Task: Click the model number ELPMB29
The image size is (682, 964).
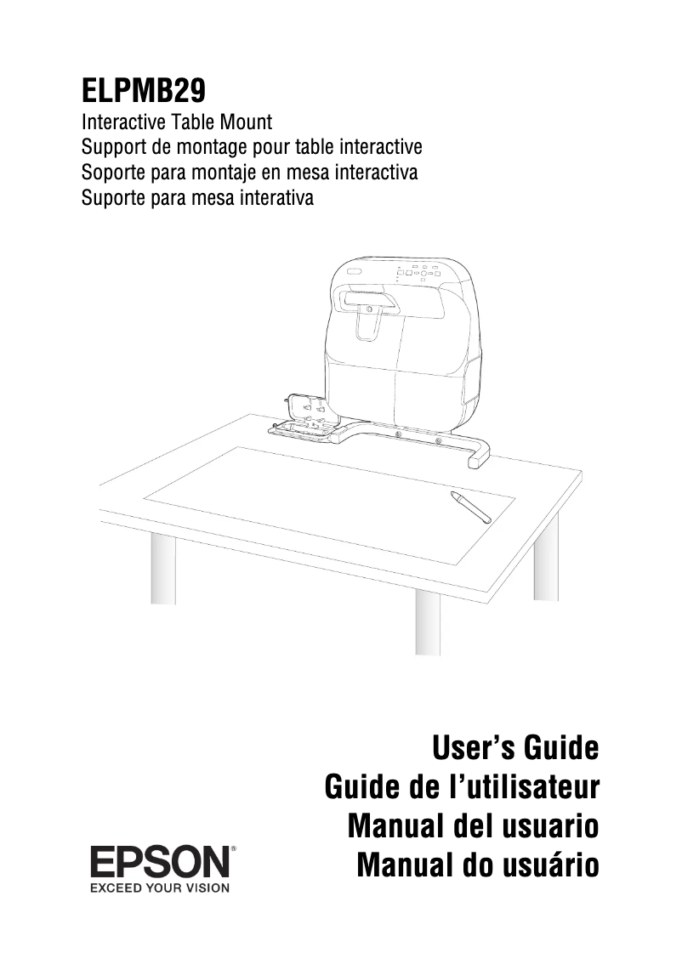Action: pyautogui.click(x=143, y=88)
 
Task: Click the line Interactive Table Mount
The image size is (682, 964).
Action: pyautogui.click(x=176, y=125)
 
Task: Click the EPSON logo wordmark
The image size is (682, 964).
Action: pyautogui.click(x=160, y=863)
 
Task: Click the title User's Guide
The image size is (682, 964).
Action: pyautogui.click(x=515, y=749)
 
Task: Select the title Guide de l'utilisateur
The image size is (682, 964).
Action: pyautogui.click(x=463, y=787)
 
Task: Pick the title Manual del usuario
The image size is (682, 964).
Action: pyautogui.click(x=474, y=825)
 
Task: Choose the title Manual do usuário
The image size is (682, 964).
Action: pyautogui.click(x=478, y=865)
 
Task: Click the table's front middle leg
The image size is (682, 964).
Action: pyautogui.click(x=428, y=623)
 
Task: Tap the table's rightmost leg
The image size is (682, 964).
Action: pyautogui.click(x=546, y=557)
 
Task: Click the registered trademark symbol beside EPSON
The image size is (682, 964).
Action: pyautogui.click(x=233, y=848)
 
